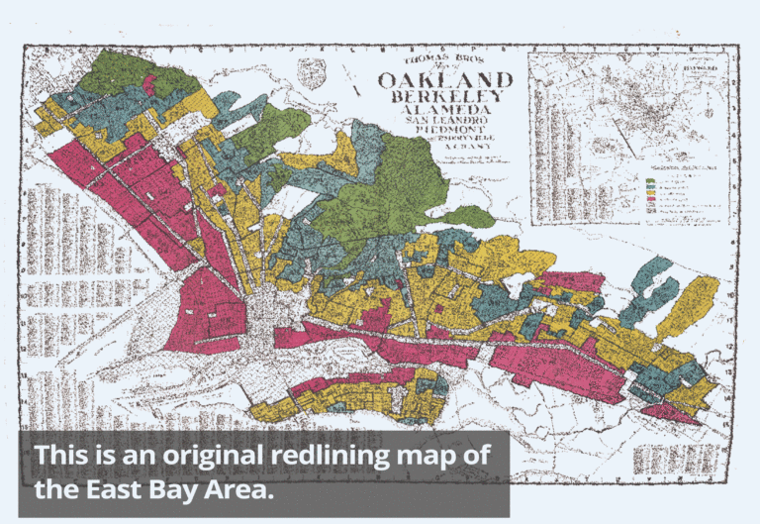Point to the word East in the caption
(x=102, y=488)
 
